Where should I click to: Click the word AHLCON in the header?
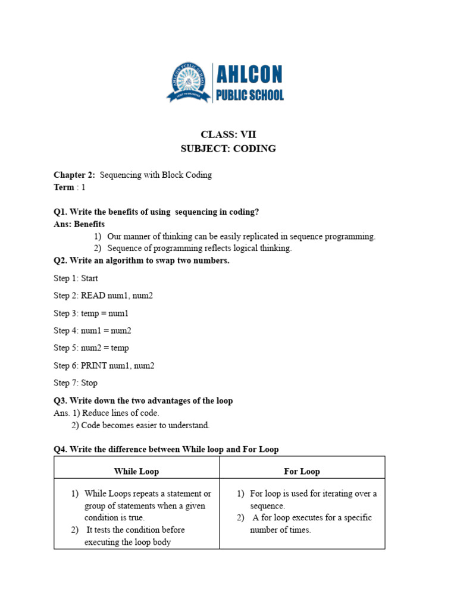pyautogui.click(x=249, y=75)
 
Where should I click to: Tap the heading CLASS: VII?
pyautogui.click(x=228, y=134)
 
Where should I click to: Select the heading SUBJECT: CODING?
pyautogui.click(x=228, y=149)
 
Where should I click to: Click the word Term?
pyautogui.click(x=64, y=187)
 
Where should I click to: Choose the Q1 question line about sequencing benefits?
pyautogui.click(x=156, y=212)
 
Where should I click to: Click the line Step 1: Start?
pyautogui.click(x=76, y=278)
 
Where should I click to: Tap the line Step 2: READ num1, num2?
pyautogui.click(x=104, y=296)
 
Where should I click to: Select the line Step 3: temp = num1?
pyautogui.click(x=90, y=313)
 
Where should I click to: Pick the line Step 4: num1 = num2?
pyautogui.click(x=92, y=331)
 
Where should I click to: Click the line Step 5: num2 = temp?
pyautogui.click(x=90, y=348)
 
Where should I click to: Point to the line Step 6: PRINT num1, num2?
pyautogui.click(x=104, y=366)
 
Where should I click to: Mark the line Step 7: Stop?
pyautogui.click(x=75, y=383)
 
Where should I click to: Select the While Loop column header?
pyautogui.click(x=136, y=472)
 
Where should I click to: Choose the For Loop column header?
pyautogui.click(x=302, y=472)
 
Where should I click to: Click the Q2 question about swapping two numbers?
pyautogui.click(x=142, y=260)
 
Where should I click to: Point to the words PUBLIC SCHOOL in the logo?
pyautogui.click(x=249, y=95)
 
